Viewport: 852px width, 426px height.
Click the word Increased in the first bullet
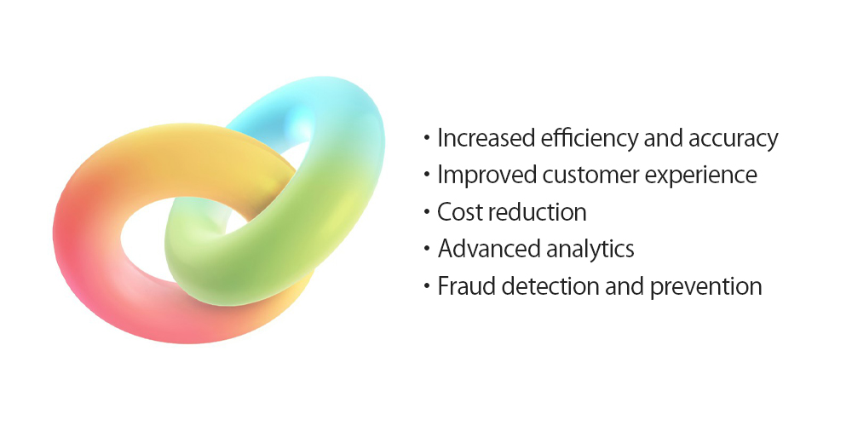coord(486,139)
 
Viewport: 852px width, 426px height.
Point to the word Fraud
coord(466,285)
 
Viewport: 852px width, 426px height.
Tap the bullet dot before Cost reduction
coord(427,212)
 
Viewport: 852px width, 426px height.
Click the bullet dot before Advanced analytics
coord(427,250)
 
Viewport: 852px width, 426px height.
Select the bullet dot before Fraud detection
coord(427,286)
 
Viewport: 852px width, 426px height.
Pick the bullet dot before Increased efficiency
coord(427,139)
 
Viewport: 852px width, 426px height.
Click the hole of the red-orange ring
coord(144,239)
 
